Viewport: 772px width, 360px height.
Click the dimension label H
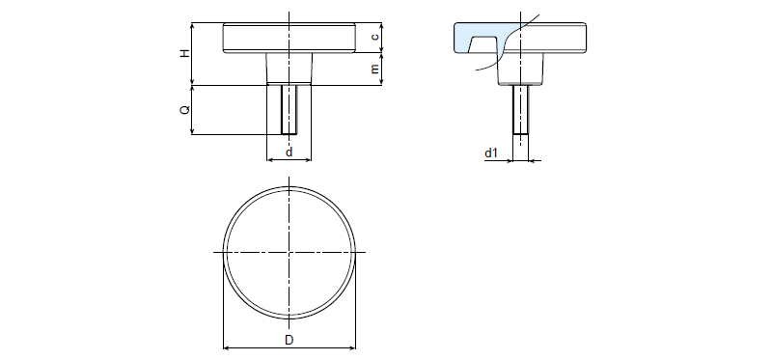tap(184, 53)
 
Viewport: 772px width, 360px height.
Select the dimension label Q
tap(184, 110)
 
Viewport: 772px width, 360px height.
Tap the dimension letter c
tap(375, 37)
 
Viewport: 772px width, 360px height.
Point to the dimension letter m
tap(375, 69)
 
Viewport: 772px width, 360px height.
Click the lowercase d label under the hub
tap(289, 152)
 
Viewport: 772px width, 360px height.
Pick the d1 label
tap(491, 153)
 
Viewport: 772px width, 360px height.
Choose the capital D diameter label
tap(289, 340)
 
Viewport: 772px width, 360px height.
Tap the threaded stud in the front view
tap(289, 109)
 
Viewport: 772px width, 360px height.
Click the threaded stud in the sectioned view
tap(520, 109)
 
